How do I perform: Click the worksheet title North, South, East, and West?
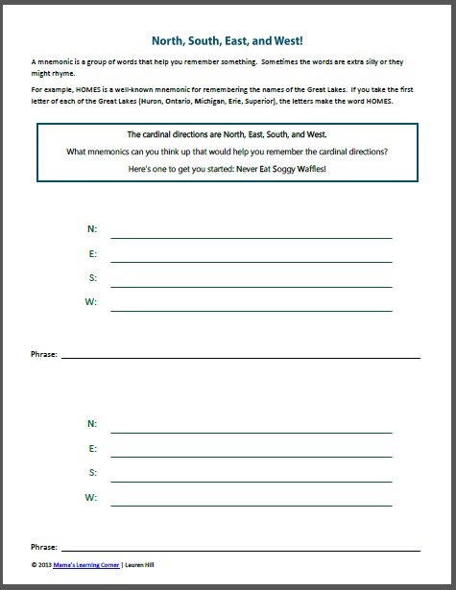pyautogui.click(x=228, y=41)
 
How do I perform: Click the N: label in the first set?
pyautogui.click(x=92, y=229)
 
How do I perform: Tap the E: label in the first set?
pyautogui.click(x=92, y=254)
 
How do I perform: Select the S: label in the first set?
pyautogui.click(x=92, y=278)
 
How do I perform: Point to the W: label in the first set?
pyautogui.click(x=91, y=303)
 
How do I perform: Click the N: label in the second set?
pyautogui.click(x=92, y=423)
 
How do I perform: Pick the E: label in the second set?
pyautogui.click(x=92, y=448)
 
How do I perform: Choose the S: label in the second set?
pyautogui.click(x=92, y=472)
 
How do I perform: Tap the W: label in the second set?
pyautogui.click(x=91, y=497)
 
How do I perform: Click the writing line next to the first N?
pyautogui.click(x=251, y=237)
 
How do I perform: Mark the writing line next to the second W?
pyautogui.click(x=251, y=505)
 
